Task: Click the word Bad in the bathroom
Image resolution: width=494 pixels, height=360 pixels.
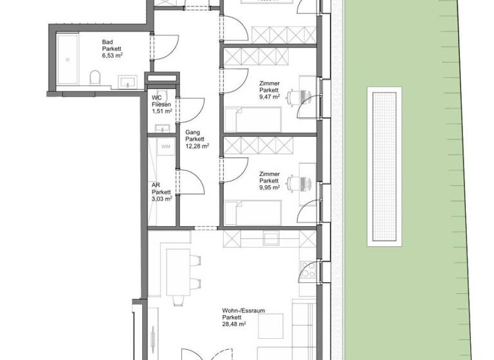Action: [107, 42]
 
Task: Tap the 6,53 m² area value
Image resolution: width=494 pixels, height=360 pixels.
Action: [113, 56]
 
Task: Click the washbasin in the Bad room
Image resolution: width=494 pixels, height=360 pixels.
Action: [127, 82]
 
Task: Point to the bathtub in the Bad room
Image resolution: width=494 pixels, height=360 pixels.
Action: [66, 60]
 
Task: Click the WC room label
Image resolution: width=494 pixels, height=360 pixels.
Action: [156, 98]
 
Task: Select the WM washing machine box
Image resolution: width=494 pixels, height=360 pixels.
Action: [165, 146]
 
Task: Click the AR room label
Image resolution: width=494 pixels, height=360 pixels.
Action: [156, 184]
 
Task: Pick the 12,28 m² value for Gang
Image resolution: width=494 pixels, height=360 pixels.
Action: [196, 147]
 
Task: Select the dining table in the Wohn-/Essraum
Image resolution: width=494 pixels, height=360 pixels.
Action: [176, 271]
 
